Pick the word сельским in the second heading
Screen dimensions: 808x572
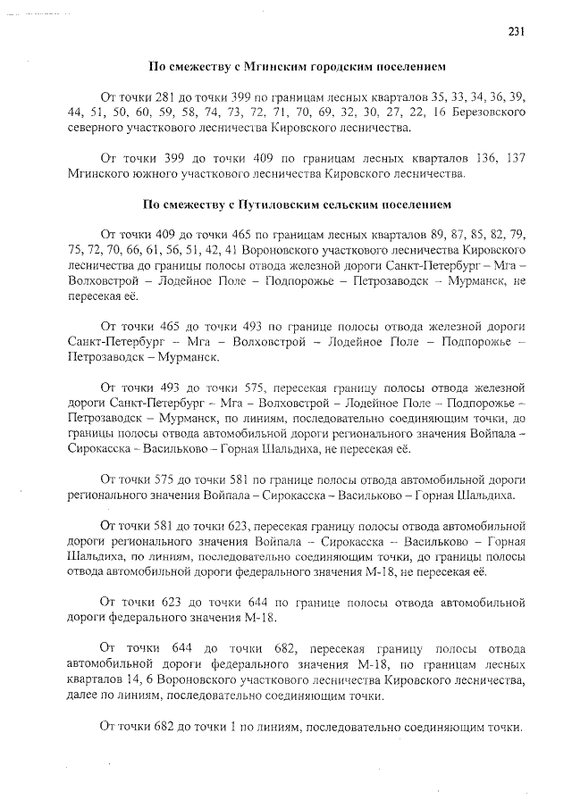[x=359, y=204]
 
